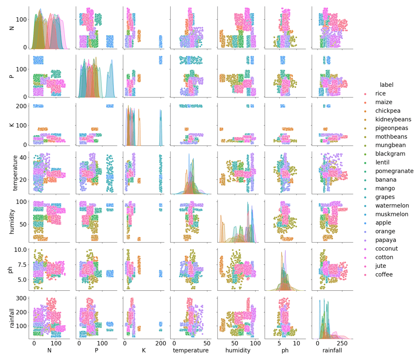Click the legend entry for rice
click(x=380, y=93)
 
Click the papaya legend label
click(x=385, y=240)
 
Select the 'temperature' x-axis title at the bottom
click(x=190, y=351)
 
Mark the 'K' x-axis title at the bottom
click(x=143, y=351)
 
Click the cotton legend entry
click(x=384, y=257)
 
